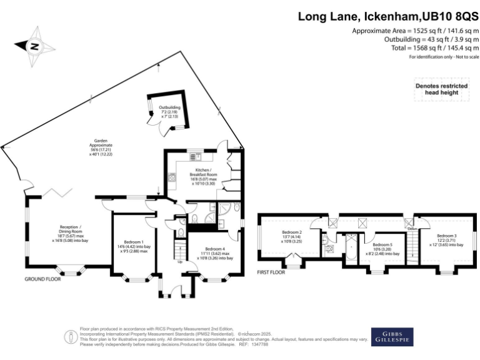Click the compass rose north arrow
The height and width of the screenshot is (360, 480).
tap(34, 45)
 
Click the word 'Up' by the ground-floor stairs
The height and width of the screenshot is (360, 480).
tap(181, 262)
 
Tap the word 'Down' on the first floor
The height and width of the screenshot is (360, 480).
tap(412, 228)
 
